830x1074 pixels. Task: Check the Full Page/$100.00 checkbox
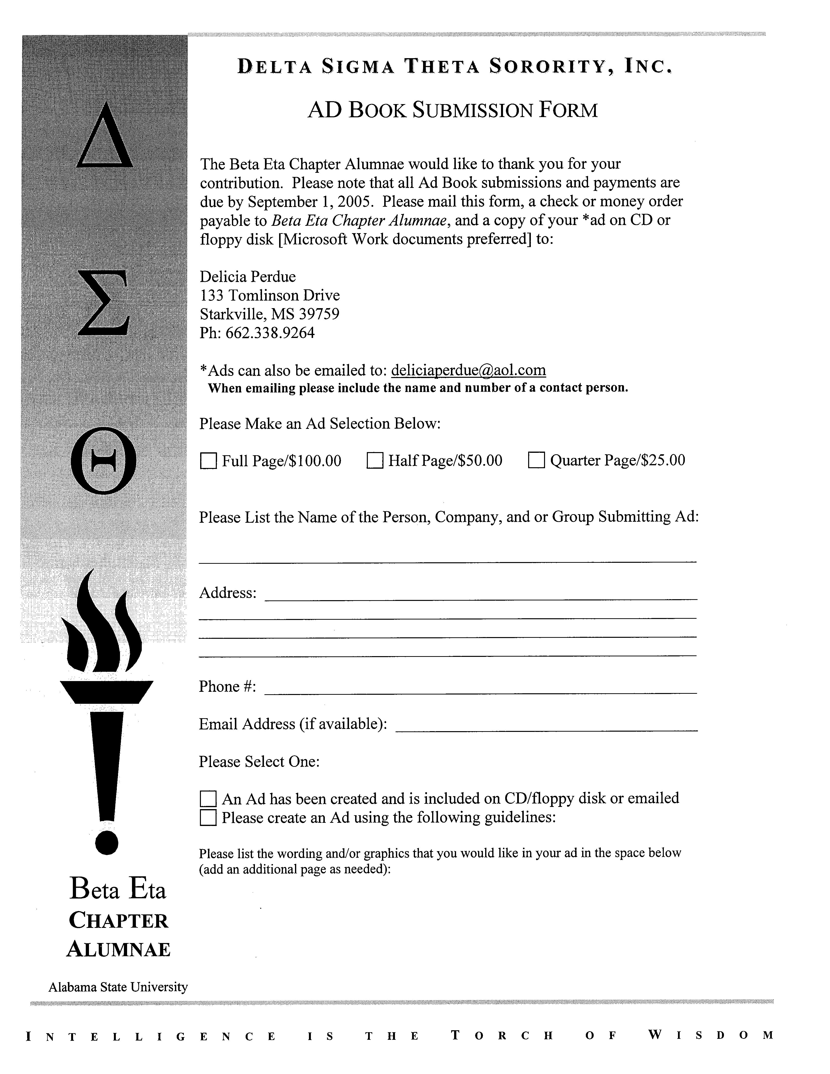pos(208,461)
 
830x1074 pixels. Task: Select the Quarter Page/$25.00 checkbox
pos(536,461)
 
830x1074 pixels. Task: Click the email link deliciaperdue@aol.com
pos(469,370)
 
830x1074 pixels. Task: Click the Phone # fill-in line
pos(481,690)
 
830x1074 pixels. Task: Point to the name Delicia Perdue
pos(247,277)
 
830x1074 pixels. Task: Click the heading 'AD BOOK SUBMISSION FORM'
pos(452,110)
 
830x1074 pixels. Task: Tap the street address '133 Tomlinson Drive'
pos(269,295)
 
